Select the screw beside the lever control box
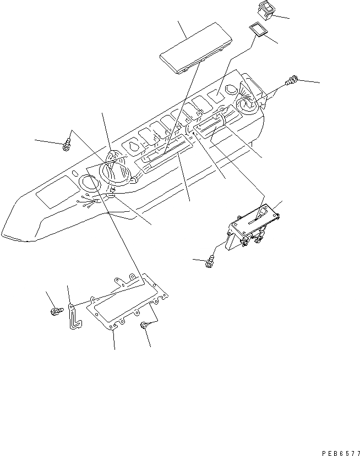[x=210, y=262]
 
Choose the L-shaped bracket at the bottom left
[x=74, y=316]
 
